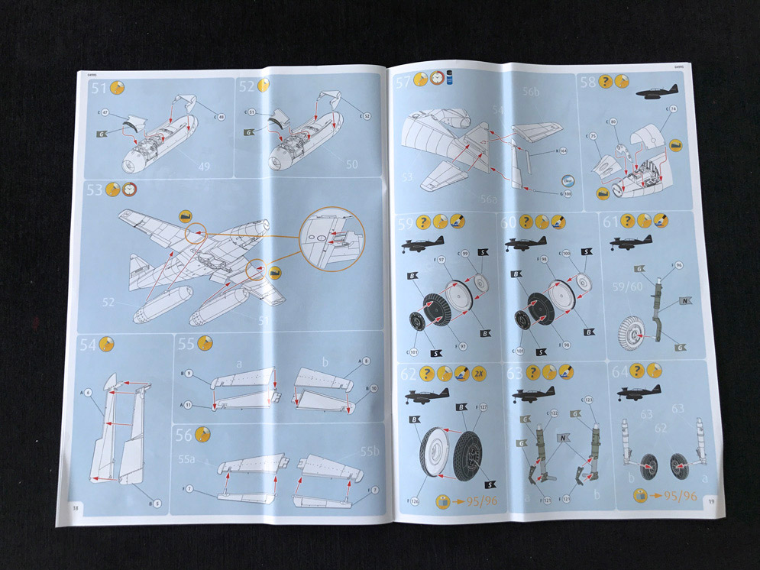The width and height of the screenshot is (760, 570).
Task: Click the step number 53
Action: pos(95,190)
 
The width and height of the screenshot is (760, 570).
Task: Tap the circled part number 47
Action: pos(106,112)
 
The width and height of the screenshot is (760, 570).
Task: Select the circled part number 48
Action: pos(221,117)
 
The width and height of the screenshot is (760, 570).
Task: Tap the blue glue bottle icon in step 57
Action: pos(450,78)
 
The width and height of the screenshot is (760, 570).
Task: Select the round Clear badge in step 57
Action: pos(567,182)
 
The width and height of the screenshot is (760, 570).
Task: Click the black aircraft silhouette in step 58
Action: pos(656,92)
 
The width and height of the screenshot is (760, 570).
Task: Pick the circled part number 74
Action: pos(671,109)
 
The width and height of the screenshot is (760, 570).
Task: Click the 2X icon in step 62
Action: pos(480,374)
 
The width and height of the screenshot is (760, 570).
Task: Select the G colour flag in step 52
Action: pos(249,133)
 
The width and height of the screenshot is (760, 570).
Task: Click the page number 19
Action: pos(710,501)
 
